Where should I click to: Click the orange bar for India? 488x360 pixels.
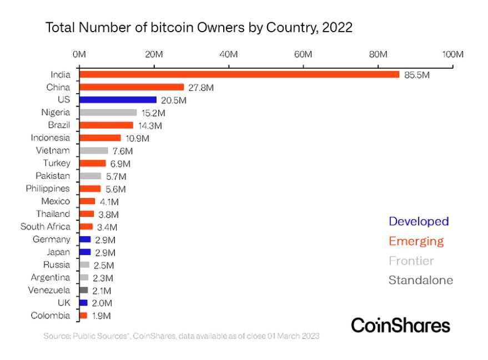pos(239,75)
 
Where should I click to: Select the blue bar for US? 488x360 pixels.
pos(118,100)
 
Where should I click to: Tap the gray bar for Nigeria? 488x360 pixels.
pos(108,113)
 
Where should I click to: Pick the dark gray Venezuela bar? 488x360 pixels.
pos(83,290)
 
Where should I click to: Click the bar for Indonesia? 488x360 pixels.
pos(100,138)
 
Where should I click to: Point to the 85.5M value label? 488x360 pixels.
pos(417,75)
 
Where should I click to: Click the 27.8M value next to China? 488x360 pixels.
pos(201,88)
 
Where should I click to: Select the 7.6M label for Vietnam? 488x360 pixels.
pos(123,151)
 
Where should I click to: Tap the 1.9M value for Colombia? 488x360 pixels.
pos(102,316)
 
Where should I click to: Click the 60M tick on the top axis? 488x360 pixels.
pos(303,54)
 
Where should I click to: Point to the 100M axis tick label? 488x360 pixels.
pos(453,54)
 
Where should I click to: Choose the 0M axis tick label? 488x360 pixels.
pos(79,54)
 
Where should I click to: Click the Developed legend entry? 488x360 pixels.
pos(419,221)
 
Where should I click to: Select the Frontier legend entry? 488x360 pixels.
pos(411,261)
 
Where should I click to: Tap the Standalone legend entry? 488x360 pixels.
pos(421,280)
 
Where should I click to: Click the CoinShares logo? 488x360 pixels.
pos(400,326)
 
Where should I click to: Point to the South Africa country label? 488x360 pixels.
pos(46,226)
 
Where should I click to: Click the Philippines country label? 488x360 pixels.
pos(48,189)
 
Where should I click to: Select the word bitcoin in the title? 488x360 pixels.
pos(172,27)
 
